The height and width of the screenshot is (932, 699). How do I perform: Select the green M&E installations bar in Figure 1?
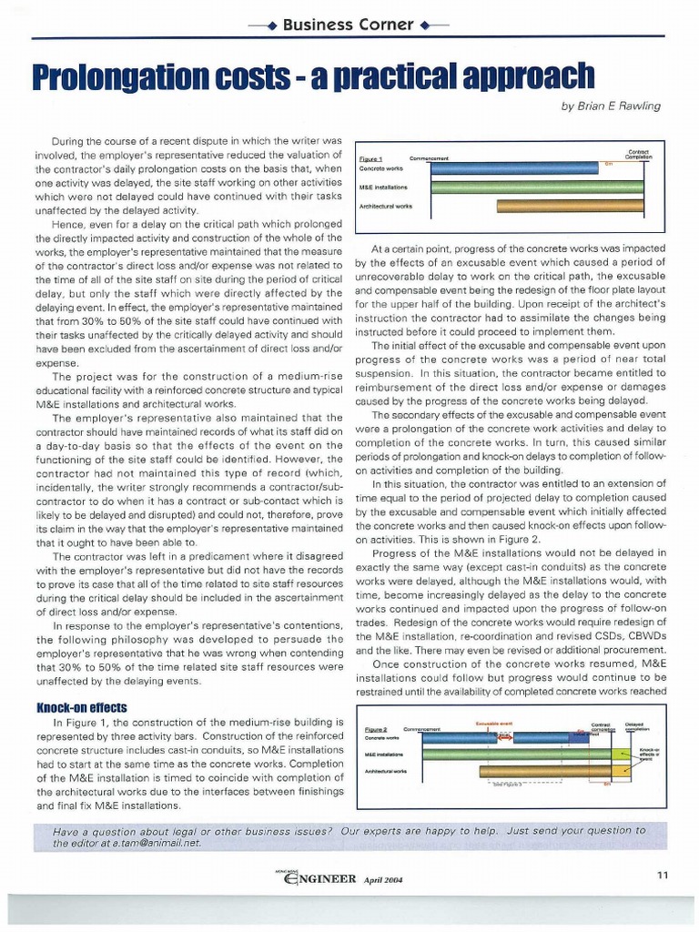[x=542, y=187]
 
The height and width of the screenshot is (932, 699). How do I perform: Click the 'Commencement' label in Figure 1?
[x=430, y=159]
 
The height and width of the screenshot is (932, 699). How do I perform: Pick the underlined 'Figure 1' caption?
[x=370, y=159]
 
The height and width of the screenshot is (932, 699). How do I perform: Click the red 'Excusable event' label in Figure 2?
[x=494, y=723]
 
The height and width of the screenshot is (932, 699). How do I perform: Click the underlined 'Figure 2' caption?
[x=375, y=730]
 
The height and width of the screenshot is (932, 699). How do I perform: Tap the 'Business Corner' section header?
[x=349, y=24]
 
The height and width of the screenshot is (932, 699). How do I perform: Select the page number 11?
[x=662, y=875]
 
